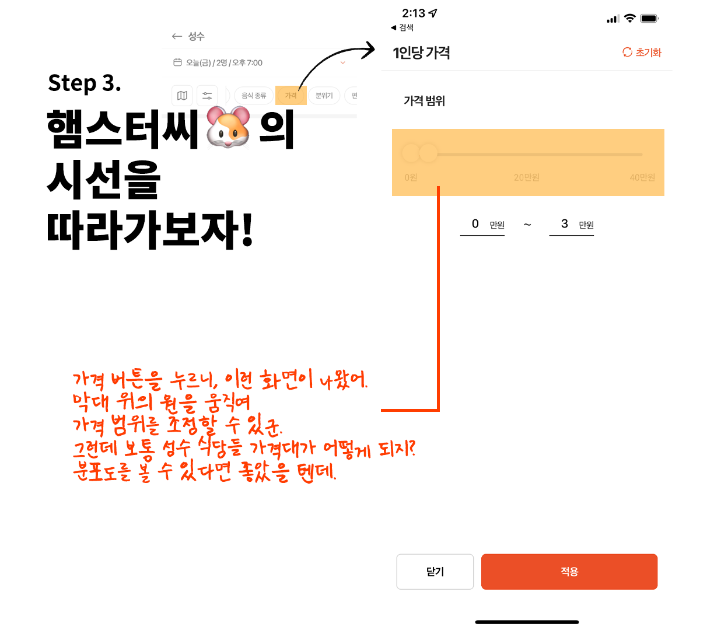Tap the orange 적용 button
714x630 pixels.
point(569,572)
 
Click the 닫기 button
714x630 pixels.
point(435,572)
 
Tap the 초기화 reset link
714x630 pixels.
point(642,52)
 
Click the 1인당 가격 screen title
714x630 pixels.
point(421,53)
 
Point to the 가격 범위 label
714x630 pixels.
point(424,101)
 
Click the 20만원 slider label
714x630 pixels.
point(526,177)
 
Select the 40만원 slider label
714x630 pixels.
point(642,177)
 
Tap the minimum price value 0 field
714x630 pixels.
point(475,224)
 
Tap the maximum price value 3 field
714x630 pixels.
point(564,224)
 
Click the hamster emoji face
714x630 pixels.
point(228,127)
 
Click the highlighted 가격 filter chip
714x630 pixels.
point(290,96)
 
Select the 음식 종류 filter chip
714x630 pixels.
point(254,96)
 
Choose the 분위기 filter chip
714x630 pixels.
point(324,96)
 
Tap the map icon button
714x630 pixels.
point(182,96)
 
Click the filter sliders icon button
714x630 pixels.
point(207,96)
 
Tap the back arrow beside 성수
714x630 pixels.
point(177,36)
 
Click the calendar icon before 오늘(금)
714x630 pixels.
point(177,62)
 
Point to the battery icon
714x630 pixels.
point(649,19)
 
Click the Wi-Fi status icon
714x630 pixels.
point(629,19)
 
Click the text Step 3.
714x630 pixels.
point(85,83)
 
